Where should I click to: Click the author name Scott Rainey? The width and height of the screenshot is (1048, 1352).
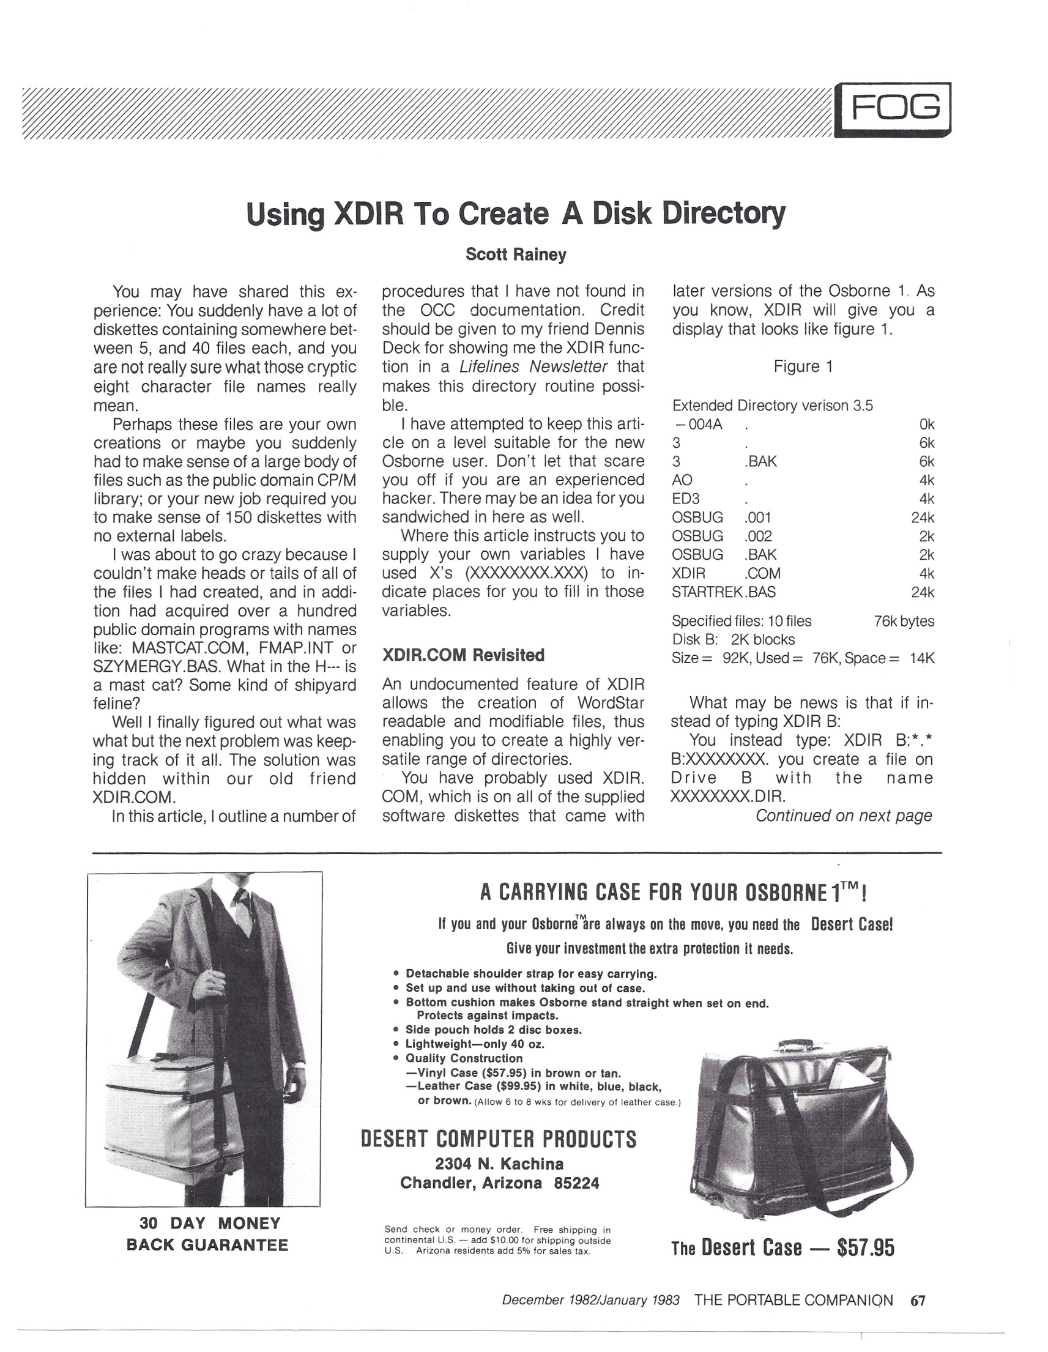pyautogui.click(x=516, y=254)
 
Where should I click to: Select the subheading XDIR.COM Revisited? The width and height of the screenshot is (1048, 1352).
pyautogui.click(x=463, y=655)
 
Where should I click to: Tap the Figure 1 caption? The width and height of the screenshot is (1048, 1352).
pyautogui.click(x=803, y=366)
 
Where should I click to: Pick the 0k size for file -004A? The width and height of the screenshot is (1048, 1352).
pyautogui.click(x=926, y=424)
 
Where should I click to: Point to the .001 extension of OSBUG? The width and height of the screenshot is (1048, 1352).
pyautogui.click(x=757, y=517)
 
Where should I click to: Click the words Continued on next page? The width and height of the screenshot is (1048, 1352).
pyautogui.click(x=843, y=815)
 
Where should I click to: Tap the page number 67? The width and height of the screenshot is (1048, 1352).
pyautogui.click(x=918, y=1301)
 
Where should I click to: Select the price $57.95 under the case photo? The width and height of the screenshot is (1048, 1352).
pyautogui.click(x=865, y=1247)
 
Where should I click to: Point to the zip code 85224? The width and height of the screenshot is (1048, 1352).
pyautogui.click(x=576, y=1183)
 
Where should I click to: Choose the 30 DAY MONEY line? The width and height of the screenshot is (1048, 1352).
pyautogui.click(x=210, y=1224)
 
